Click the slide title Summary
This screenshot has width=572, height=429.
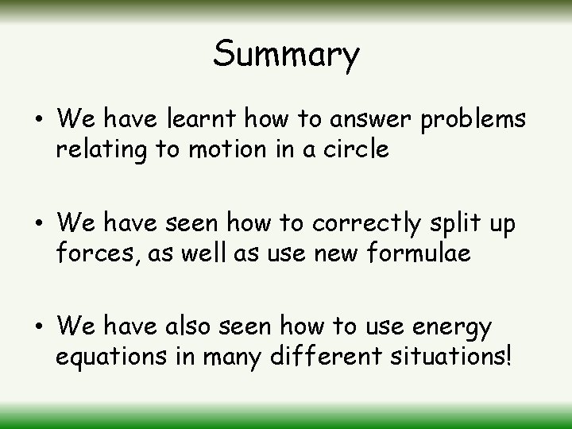click(286, 55)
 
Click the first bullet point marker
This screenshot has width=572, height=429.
click(38, 120)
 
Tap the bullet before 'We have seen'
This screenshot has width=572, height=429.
click(38, 224)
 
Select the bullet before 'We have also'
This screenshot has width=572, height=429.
click(38, 327)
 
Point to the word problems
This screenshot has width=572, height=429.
click(473, 120)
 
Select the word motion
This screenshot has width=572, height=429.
click(226, 149)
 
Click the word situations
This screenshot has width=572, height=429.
click(452, 357)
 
